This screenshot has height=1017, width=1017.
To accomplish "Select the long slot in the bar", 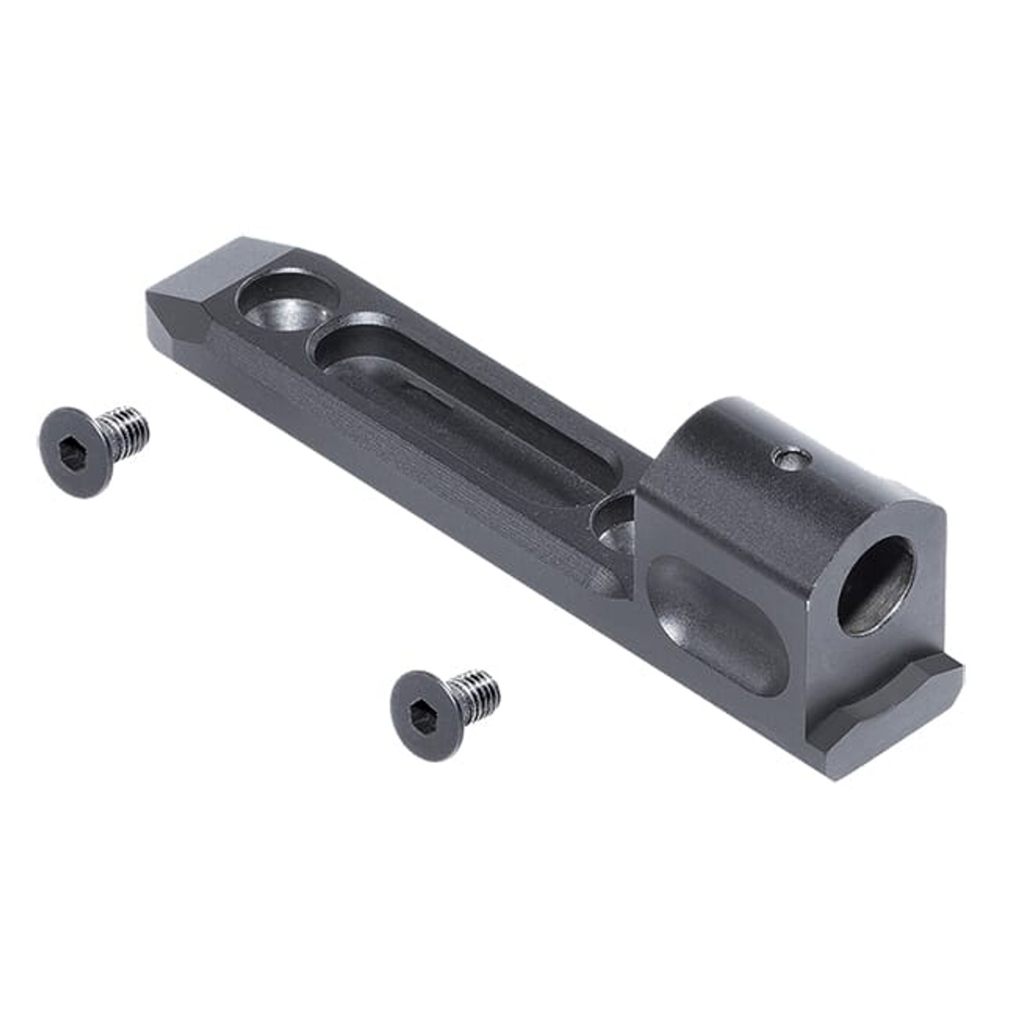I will pyautogui.click(x=461, y=413).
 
